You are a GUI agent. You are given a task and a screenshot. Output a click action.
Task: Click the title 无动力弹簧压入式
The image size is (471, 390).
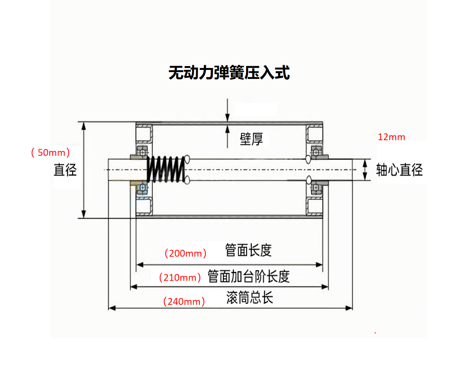(229, 73)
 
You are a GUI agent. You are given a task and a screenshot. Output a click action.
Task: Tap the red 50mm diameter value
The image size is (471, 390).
(51, 153)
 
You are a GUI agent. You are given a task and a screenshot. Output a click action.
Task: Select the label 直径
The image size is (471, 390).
(65, 170)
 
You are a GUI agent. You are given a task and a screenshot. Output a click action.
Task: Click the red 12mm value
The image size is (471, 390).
(391, 137)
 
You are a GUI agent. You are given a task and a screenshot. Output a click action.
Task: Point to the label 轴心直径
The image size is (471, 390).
(399, 170)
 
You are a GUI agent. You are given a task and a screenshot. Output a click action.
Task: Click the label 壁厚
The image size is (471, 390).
(251, 139)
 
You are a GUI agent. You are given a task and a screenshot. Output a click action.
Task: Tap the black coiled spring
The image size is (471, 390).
(166, 169)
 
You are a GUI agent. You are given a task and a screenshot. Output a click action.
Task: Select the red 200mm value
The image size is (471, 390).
(185, 253)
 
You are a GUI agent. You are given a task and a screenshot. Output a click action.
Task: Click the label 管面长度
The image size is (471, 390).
(248, 250)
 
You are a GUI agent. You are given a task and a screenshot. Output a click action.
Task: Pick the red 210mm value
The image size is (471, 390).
(180, 278)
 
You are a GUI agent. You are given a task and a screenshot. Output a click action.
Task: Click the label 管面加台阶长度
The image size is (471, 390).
(248, 276)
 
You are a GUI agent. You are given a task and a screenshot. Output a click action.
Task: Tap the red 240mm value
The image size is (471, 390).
(184, 302)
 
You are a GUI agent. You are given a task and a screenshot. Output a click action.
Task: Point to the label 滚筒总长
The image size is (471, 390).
(250, 297)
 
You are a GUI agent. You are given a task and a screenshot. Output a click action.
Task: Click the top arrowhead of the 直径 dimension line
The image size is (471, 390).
(84, 126)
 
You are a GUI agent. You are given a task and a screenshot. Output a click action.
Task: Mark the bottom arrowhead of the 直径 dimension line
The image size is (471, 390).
(84, 215)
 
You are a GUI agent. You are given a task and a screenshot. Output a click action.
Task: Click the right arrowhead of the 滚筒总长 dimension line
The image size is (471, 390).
(349, 308)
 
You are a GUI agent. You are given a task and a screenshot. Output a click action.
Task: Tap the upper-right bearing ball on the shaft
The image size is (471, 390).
(315, 152)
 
